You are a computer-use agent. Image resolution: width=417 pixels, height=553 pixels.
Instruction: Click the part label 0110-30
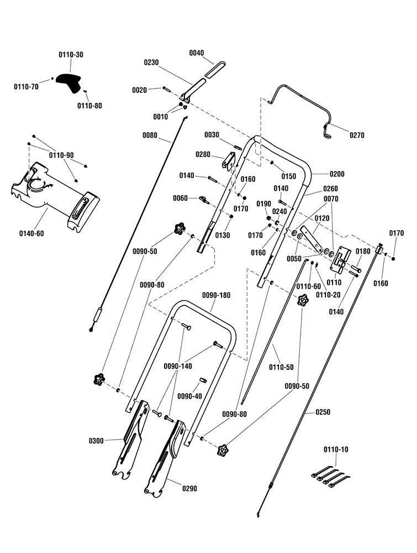[x=71, y=55]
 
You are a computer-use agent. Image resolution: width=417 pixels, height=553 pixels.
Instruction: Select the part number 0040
[x=197, y=53]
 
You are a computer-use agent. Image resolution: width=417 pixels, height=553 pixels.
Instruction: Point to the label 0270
[x=357, y=135]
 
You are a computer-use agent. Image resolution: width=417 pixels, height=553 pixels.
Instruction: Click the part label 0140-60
[x=31, y=233]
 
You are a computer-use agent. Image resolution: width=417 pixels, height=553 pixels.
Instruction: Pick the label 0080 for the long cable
[x=150, y=135]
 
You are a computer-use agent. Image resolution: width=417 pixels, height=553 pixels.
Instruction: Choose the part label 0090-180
[x=217, y=295]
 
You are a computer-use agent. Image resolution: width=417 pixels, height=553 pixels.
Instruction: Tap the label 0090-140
[x=178, y=367]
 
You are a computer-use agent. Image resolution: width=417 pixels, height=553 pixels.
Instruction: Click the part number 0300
[x=96, y=441]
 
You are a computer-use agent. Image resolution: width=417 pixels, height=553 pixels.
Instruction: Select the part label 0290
[x=189, y=488]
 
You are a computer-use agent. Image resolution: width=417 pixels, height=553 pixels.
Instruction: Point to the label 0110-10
[x=336, y=450]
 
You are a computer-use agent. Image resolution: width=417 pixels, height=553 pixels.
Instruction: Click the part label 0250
[x=323, y=412]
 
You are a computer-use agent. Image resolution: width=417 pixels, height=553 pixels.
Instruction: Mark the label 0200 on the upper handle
[x=337, y=174]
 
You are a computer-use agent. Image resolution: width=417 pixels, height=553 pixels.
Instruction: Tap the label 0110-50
[x=281, y=368]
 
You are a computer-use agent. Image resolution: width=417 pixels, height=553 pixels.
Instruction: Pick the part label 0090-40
[x=189, y=397]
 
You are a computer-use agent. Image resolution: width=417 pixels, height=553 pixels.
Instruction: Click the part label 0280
[x=203, y=154]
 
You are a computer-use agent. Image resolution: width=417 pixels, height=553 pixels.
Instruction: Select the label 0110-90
[x=61, y=155]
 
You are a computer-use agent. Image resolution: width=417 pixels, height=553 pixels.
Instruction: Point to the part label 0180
[x=363, y=252]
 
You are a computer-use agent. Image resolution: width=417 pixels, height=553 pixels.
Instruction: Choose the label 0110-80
[x=89, y=106]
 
